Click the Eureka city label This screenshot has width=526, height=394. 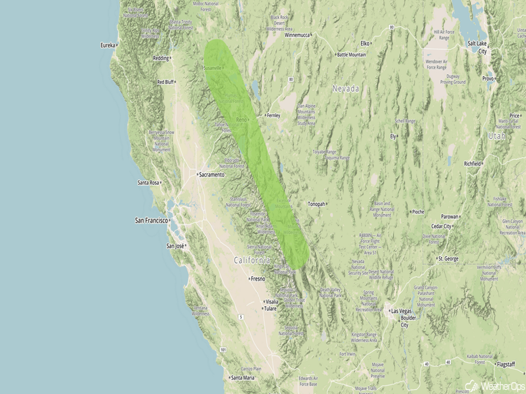point(107,45)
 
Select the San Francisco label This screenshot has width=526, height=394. point(152,221)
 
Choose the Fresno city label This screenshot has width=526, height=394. point(258,278)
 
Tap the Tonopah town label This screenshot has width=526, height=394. point(316,204)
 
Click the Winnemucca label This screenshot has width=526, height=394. point(297,35)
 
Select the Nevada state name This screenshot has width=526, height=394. point(346,89)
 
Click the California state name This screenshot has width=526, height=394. point(252,260)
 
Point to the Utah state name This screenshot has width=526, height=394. point(496,136)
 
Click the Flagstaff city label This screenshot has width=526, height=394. point(510,364)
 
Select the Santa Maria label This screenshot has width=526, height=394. point(243,378)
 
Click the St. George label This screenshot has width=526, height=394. point(448,259)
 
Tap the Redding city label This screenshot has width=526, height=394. point(161,58)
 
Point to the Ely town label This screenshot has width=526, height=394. point(393,136)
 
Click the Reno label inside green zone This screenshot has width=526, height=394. point(241,120)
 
